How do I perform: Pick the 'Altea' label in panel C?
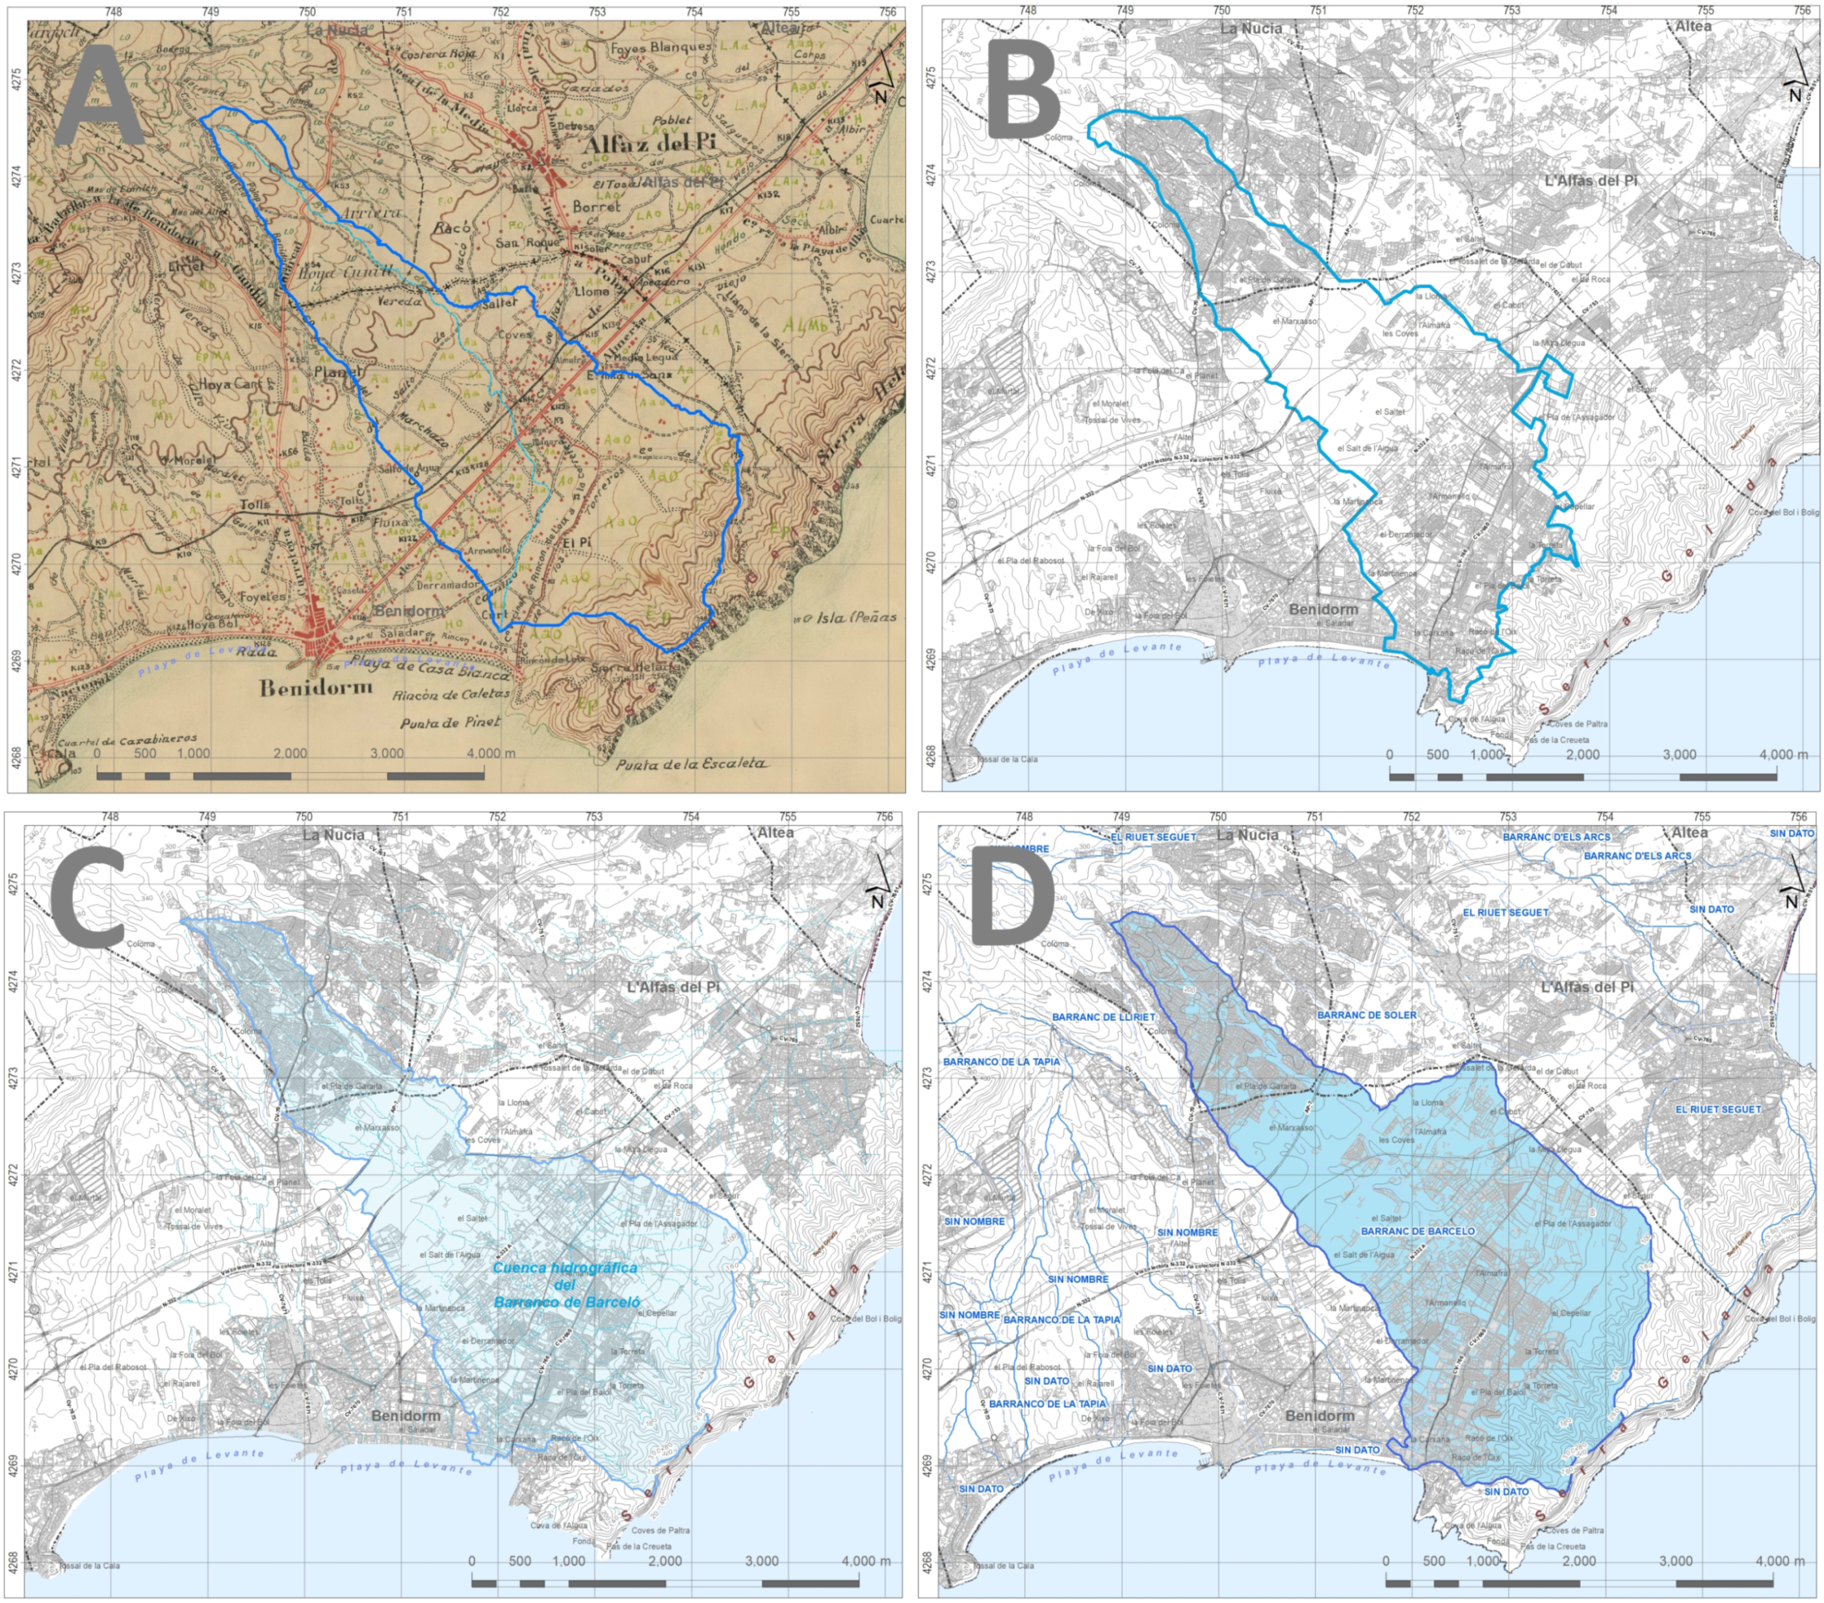pyautogui.click(x=775, y=832)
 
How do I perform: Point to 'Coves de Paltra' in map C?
pyautogui.click(x=660, y=1530)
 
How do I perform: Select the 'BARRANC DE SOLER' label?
pyautogui.click(x=1366, y=1016)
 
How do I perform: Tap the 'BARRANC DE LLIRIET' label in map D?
pyautogui.click(x=1103, y=1016)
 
